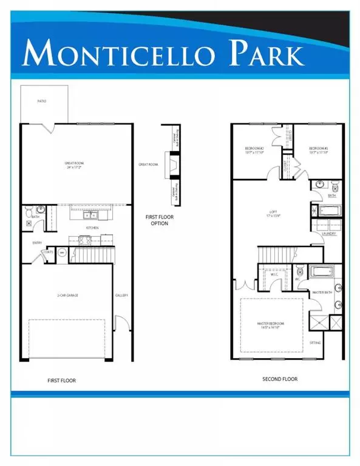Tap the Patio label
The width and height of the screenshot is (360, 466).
point(41,101)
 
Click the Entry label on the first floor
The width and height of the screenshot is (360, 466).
point(29,243)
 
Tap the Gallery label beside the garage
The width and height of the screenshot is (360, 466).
point(121,295)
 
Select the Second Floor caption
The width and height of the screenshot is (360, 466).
point(280,379)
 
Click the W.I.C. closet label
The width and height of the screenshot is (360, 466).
point(274,274)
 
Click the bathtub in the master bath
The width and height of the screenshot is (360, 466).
point(321,271)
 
